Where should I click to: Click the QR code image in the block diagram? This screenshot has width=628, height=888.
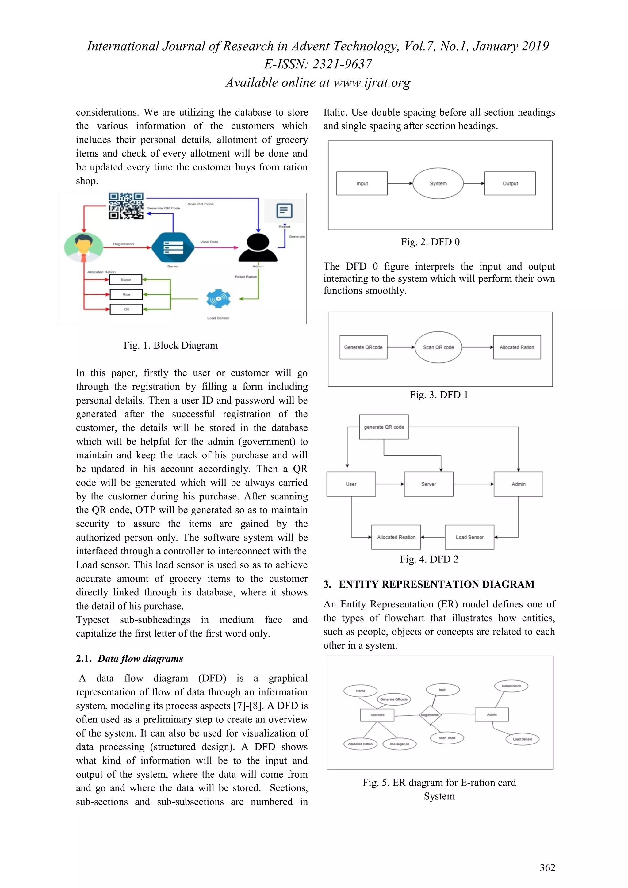pos(126,206)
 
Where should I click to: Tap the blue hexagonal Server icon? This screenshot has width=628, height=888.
pos(173,247)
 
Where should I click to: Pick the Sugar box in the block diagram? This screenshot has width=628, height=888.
pos(126,280)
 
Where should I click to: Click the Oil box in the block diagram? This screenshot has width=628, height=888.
pos(126,309)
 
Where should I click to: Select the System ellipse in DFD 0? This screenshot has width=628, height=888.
pos(438,183)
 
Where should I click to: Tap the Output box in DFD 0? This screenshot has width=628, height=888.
pos(510,183)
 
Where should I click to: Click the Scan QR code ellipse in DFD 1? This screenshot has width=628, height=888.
pos(438,347)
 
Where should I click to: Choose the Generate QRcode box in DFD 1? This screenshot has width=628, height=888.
pos(363,347)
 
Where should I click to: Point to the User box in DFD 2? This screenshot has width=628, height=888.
pos(351,484)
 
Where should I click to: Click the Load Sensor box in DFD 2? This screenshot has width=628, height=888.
pos(469,537)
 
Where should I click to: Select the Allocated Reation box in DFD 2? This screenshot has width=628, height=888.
pos(396,537)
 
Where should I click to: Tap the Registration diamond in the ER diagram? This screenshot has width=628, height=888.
pos(430,715)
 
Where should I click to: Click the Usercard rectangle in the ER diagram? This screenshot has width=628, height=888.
pos(377,715)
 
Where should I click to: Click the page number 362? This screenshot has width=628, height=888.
pos(547,867)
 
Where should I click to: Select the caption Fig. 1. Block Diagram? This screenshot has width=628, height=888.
pos(170,345)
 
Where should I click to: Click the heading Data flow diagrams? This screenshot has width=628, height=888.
pos(140,659)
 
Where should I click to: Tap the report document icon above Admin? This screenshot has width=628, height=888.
pos(284,211)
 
